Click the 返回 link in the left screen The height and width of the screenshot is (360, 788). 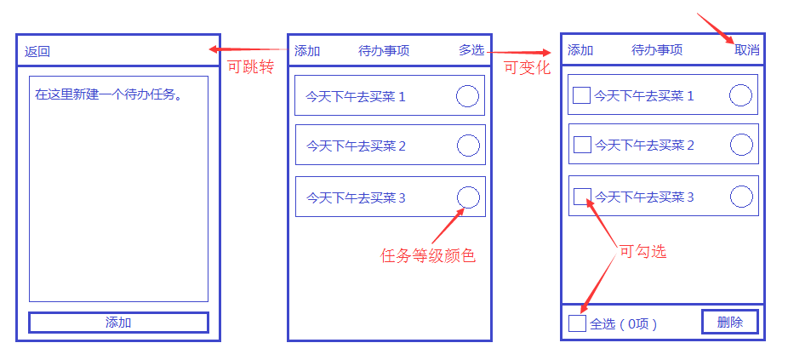pos(37,51)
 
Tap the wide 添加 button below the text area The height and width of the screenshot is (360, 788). pos(118,323)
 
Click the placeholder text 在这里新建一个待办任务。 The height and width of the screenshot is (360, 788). pos(110,93)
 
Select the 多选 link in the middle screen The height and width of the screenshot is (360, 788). pos(471,50)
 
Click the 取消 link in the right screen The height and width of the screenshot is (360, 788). pos(747,50)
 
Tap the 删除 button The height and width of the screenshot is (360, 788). pos(729,322)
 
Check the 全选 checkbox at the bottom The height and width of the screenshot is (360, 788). pos(577,323)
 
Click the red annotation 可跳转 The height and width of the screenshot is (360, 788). pos(250,67)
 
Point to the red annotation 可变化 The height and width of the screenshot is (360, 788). pos(528,67)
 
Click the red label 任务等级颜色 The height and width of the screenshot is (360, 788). pos(427,254)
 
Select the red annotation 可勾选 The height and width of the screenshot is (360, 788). pos(642,251)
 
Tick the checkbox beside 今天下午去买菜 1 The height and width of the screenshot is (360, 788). pos(582,95)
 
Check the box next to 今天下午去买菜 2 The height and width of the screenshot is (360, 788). pos(582,145)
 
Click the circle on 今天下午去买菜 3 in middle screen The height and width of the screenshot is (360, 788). pos(468,197)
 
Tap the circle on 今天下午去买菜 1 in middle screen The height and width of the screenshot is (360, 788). pos(467,96)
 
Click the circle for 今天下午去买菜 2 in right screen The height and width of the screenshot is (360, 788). pos(741,145)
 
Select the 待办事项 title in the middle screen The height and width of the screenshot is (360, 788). pos(384,50)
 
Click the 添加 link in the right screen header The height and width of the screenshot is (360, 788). pos(580,50)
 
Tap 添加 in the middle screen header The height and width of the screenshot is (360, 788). pos(307,50)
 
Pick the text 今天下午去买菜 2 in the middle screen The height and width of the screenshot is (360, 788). pos(356,146)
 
